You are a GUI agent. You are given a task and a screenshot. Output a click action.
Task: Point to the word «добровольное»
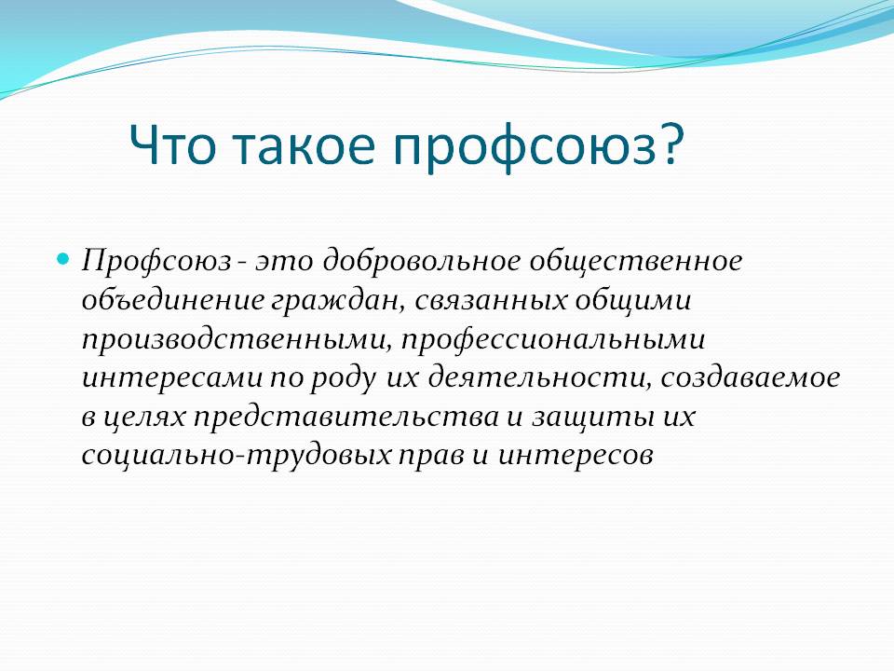coord(422,261)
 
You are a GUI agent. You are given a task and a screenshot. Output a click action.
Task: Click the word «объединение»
coord(173,299)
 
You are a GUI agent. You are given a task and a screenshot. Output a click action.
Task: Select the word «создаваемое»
coord(751,377)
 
